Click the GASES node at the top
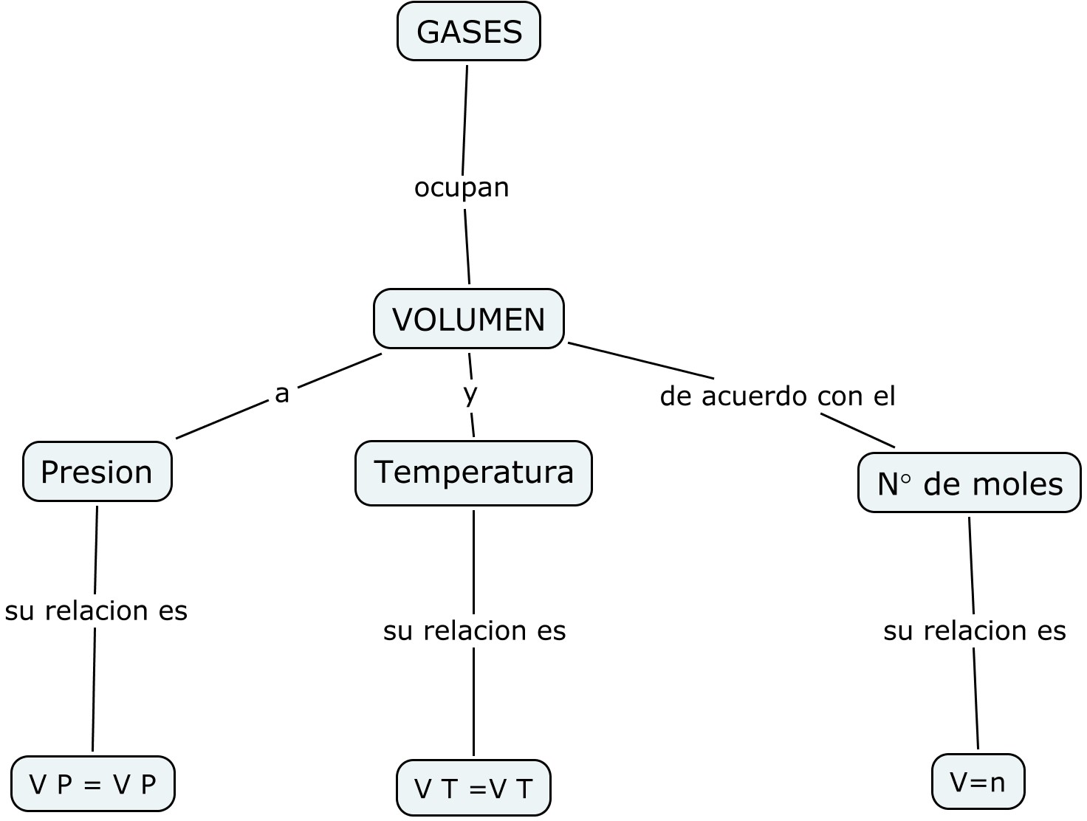pyautogui.click(x=469, y=32)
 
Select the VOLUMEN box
pyautogui.click(x=469, y=319)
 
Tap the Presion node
pyautogui.click(x=97, y=472)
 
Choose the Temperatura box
pyautogui.click(x=473, y=473)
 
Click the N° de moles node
pyautogui.click(x=969, y=484)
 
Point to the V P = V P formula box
pyautogui.click(x=93, y=783)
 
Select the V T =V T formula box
pyautogui.click(x=473, y=788)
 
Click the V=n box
pyautogui.click(x=978, y=781)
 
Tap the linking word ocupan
pyautogui.click(x=462, y=188)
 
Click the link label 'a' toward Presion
pyautogui.click(x=281, y=394)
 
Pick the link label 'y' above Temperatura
pyautogui.click(x=470, y=394)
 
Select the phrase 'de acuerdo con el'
pyautogui.click(x=777, y=396)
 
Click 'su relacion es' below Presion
pyautogui.click(x=96, y=611)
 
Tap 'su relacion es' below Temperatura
pyautogui.click(x=474, y=631)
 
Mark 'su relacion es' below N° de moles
pyautogui.click(x=974, y=631)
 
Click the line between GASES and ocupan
pyautogui.click(x=465, y=118)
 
